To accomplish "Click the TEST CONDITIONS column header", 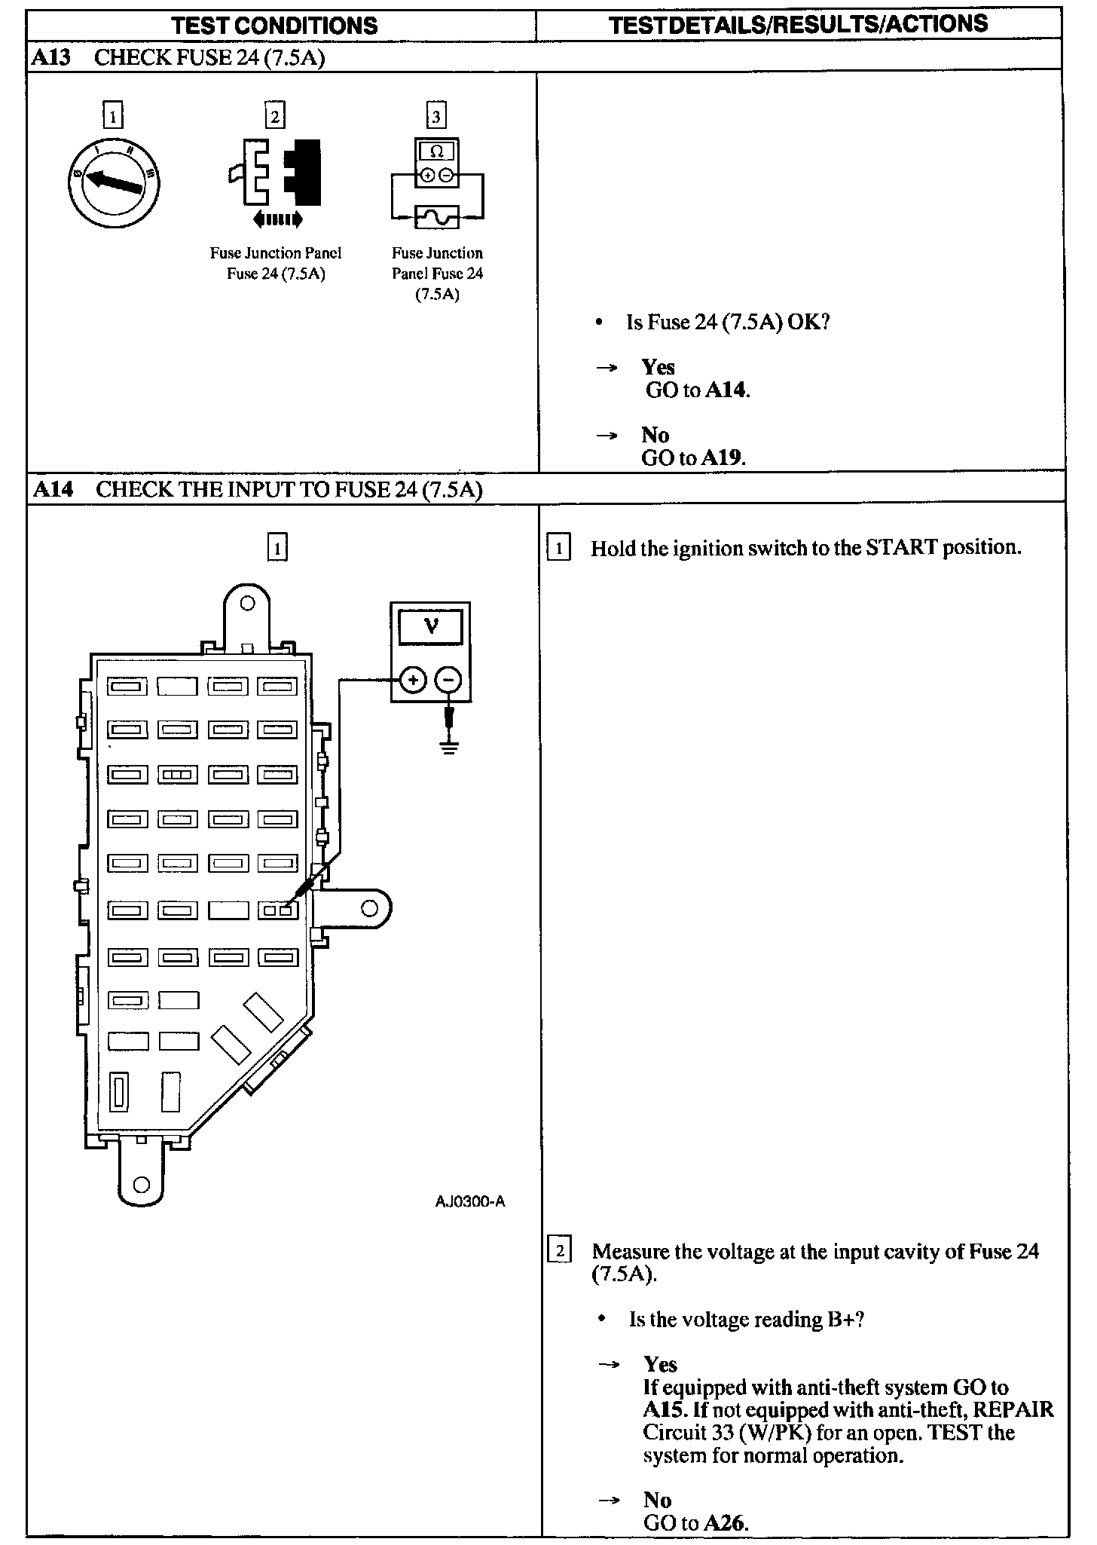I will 274,26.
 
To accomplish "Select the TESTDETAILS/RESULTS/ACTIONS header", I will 798,25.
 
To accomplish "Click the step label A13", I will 51,58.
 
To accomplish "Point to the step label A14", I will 53,490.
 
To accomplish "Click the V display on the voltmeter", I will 431,625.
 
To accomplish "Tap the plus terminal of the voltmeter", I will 412,681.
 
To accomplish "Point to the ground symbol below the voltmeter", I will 449,748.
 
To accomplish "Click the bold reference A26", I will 726,1523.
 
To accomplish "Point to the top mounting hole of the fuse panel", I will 247,603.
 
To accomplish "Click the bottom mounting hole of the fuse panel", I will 141,1184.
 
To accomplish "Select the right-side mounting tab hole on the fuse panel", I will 369,908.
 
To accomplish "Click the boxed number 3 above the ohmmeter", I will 436,116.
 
